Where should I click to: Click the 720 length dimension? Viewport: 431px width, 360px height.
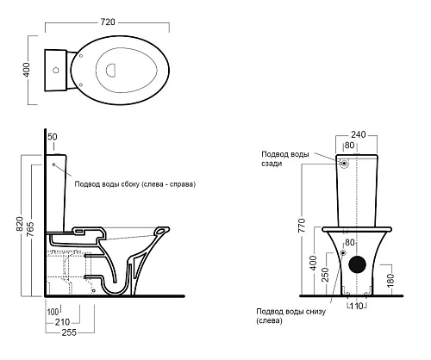(108, 22)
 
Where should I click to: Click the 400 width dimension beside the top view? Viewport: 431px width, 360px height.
(26, 70)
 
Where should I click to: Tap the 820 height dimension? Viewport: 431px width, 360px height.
(20, 224)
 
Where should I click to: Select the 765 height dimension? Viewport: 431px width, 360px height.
(30, 229)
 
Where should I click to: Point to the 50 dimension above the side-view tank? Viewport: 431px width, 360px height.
(53, 137)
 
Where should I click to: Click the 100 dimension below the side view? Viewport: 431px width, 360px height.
(53, 312)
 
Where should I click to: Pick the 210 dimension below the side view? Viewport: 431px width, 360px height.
(62, 322)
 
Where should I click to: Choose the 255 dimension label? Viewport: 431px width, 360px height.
(69, 332)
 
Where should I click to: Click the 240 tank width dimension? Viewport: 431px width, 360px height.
(359, 134)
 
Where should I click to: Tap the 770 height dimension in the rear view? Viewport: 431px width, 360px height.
(302, 226)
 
